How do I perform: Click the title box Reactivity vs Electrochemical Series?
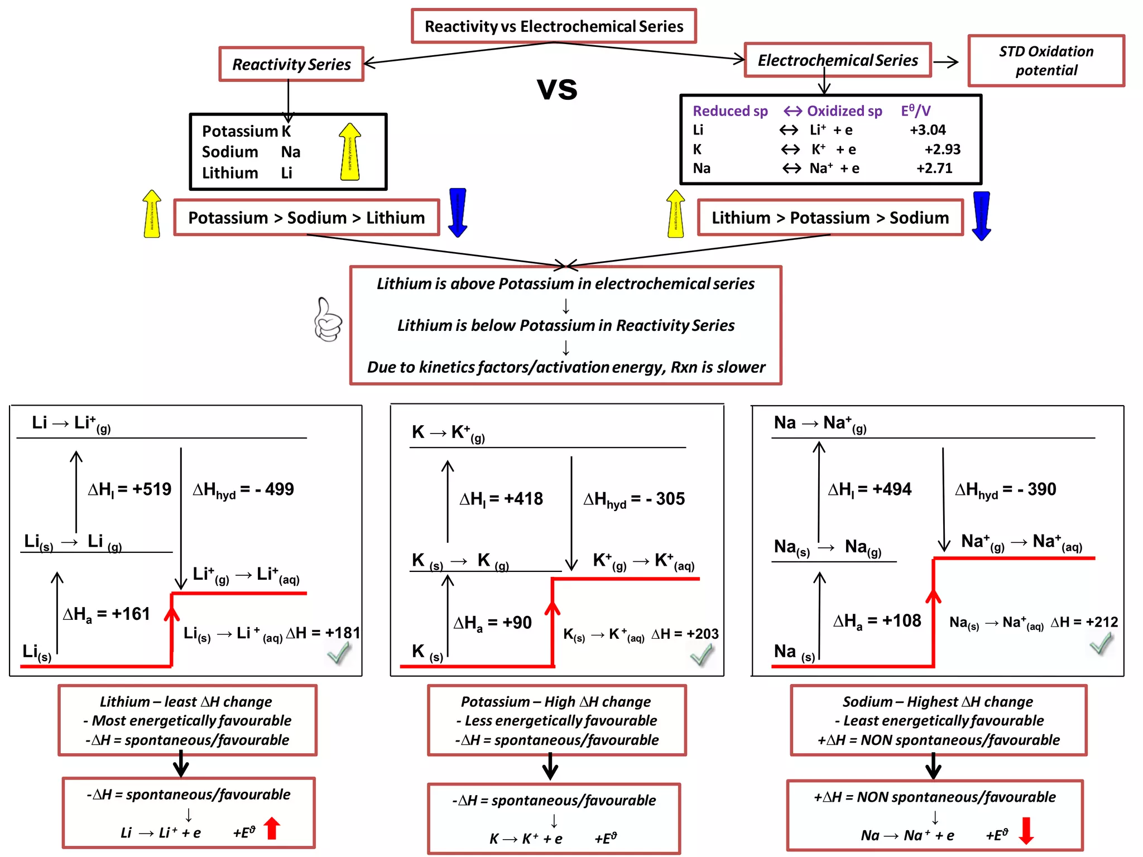554,26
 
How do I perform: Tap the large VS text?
557,89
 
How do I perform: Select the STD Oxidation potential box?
1046,61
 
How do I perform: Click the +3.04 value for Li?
928,130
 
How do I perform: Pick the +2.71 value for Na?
934,168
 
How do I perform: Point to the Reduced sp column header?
730,111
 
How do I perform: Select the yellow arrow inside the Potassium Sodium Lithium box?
350,152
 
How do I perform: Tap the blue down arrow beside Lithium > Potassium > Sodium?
981,216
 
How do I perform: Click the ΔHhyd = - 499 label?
243,490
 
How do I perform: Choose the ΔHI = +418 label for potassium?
501,499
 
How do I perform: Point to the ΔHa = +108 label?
877,621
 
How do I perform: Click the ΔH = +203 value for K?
685,634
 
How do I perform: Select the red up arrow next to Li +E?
272,829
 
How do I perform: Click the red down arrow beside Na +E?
1026,831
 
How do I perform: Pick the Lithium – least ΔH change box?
188,720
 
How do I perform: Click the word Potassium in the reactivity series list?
239,131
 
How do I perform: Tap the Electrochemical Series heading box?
838,60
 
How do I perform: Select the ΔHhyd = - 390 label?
1005,490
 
